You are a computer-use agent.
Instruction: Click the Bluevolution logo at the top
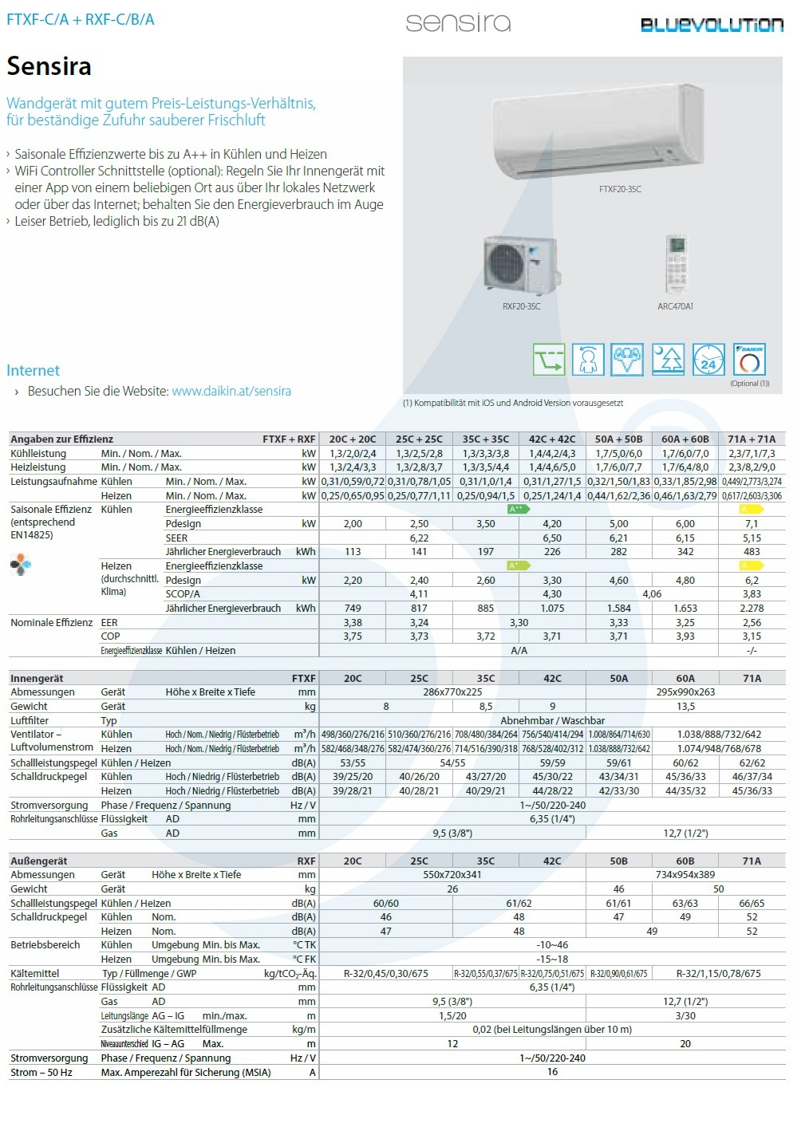[x=712, y=25]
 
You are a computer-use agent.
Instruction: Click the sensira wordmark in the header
[x=458, y=22]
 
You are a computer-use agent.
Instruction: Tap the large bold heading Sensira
[x=49, y=66]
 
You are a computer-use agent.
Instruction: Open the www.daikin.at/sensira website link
[x=231, y=391]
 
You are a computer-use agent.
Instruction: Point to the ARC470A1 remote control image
[x=676, y=264]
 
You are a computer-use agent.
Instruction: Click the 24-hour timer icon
[x=708, y=360]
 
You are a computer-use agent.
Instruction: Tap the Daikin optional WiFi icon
[x=749, y=360]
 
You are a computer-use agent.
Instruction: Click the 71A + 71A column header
[x=752, y=439]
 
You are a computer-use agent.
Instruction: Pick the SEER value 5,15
[x=752, y=538]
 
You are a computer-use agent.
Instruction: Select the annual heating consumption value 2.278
[x=752, y=609]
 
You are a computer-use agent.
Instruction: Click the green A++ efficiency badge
[x=519, y=509]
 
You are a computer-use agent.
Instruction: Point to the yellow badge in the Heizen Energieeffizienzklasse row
[x=752, y=565]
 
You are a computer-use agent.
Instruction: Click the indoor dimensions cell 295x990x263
[x=685, y=692]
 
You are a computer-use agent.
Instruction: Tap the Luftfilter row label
[x=30, y=720]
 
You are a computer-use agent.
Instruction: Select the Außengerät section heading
[x=39, y=861]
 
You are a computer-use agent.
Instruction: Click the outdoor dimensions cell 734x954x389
[x=685, y=875]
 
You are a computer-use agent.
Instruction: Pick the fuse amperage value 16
[x=552, y=1072]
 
